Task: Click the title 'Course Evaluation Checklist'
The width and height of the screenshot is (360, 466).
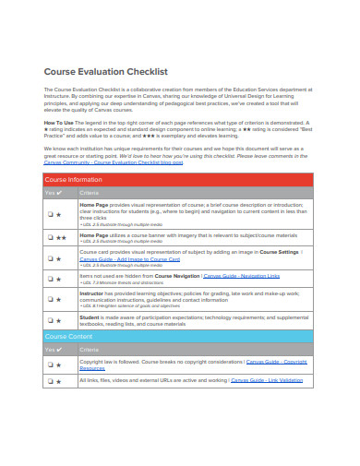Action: pos(106,71)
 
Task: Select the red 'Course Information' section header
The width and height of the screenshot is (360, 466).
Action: pos(73,179)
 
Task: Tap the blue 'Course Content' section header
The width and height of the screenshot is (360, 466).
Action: pos(68,337)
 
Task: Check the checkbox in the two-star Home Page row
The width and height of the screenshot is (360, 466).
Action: pos(51,237)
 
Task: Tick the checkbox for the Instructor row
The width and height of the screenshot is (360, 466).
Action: pos(51,297)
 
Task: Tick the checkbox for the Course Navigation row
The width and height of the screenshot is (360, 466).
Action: pos(51,278)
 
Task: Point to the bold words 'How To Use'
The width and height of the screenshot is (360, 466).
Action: pos(60,120)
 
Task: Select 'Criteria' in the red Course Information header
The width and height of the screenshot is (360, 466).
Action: pos(90,193)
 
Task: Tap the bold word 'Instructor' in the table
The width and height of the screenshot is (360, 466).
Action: pos(95,293)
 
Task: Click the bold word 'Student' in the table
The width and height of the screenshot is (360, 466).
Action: pos(92,316)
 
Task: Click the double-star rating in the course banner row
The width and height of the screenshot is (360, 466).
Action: pos(60,237)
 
